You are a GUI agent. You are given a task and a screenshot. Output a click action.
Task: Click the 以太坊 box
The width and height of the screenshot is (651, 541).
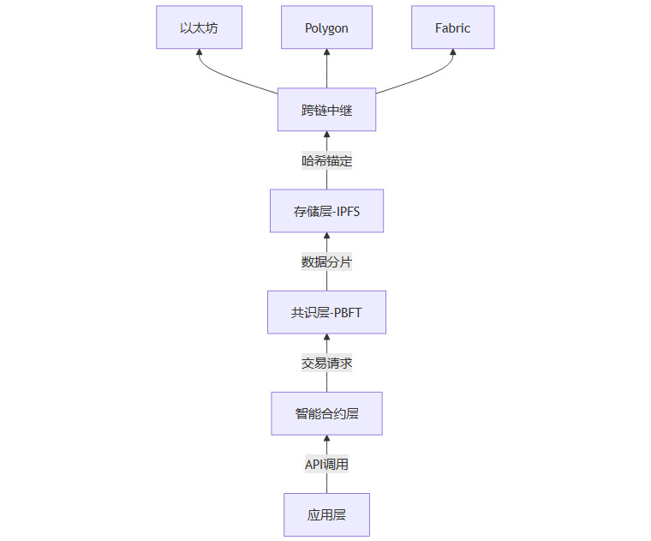coord(199,27)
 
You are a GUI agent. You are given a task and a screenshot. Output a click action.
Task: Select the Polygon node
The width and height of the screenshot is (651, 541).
coord(326,27)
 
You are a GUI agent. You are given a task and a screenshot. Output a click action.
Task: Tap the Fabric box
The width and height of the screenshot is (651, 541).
coord(452,27)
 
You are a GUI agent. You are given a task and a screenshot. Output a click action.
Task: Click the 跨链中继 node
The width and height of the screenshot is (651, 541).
coord(326,110)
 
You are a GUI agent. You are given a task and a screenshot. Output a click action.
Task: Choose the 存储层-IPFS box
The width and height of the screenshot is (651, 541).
coord(326,211)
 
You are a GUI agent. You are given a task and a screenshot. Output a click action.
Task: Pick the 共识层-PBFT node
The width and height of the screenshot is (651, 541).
coord(326,312)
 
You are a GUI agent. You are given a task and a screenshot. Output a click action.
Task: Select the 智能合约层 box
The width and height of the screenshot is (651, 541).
coord(326,413)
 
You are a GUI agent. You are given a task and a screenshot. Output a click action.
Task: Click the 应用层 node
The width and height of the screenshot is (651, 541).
coord(326,514)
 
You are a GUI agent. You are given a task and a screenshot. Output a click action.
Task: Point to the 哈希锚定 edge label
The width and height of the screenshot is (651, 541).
coord(326,160)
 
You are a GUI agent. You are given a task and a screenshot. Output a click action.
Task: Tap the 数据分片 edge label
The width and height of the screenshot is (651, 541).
coord(326,261)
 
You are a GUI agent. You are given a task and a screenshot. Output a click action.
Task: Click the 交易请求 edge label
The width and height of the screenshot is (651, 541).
coord(326,363)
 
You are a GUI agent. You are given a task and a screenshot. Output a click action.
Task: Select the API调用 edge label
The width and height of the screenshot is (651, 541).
coord(326,464)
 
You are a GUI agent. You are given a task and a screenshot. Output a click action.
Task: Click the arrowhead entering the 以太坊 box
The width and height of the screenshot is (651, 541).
coord(199,53)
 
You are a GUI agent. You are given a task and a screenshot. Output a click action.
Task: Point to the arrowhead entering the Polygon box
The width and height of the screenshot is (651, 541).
coord(326,53)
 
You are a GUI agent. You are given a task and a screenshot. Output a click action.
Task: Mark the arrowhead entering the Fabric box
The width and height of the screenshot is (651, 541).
coord(453,53)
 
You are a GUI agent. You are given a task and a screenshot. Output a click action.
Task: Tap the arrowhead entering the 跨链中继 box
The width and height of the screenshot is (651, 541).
coord(326,135)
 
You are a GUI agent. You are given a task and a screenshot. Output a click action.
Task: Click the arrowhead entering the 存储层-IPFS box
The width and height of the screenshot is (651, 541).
coord(326,237)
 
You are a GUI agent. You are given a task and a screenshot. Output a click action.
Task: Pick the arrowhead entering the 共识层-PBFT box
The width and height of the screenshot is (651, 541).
coord(326,338)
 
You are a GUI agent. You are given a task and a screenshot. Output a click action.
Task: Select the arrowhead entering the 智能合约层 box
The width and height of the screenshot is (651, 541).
coord(326,439)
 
